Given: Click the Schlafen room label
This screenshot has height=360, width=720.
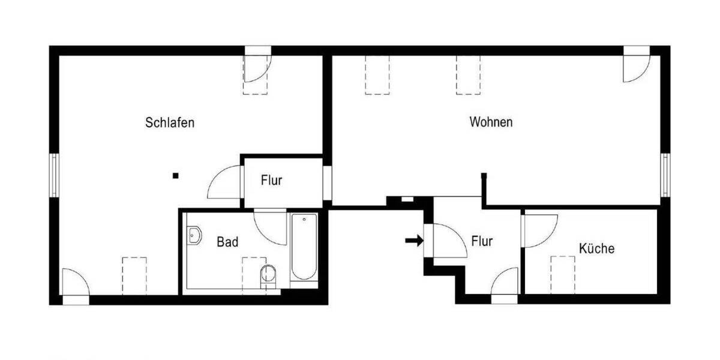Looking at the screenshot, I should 170,123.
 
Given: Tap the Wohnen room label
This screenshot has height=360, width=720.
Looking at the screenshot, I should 491,122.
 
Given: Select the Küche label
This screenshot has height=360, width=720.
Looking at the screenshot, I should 596,248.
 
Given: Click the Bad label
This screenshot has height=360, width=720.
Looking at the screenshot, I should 227,242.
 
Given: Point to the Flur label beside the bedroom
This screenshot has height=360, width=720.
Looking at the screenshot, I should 271,180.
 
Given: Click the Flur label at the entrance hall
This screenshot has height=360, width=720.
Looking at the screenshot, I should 482,242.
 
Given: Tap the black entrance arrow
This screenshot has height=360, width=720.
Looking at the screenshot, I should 414,241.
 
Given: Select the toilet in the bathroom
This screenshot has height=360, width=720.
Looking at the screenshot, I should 268,275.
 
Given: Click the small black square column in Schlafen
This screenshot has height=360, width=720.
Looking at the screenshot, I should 175,176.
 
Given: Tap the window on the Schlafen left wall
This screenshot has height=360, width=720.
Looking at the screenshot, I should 54,175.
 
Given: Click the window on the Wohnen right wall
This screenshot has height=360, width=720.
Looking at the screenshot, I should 665,174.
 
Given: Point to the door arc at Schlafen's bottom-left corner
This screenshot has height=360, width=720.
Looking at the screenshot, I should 74,283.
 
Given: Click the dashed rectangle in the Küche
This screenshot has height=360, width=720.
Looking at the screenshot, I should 563,274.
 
